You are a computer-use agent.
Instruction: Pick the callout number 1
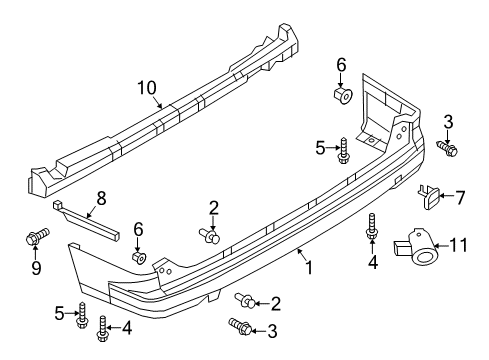coord(309,267)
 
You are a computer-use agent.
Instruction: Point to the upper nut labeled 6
coord(341,95)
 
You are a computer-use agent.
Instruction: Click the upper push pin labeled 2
coord(211,236)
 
